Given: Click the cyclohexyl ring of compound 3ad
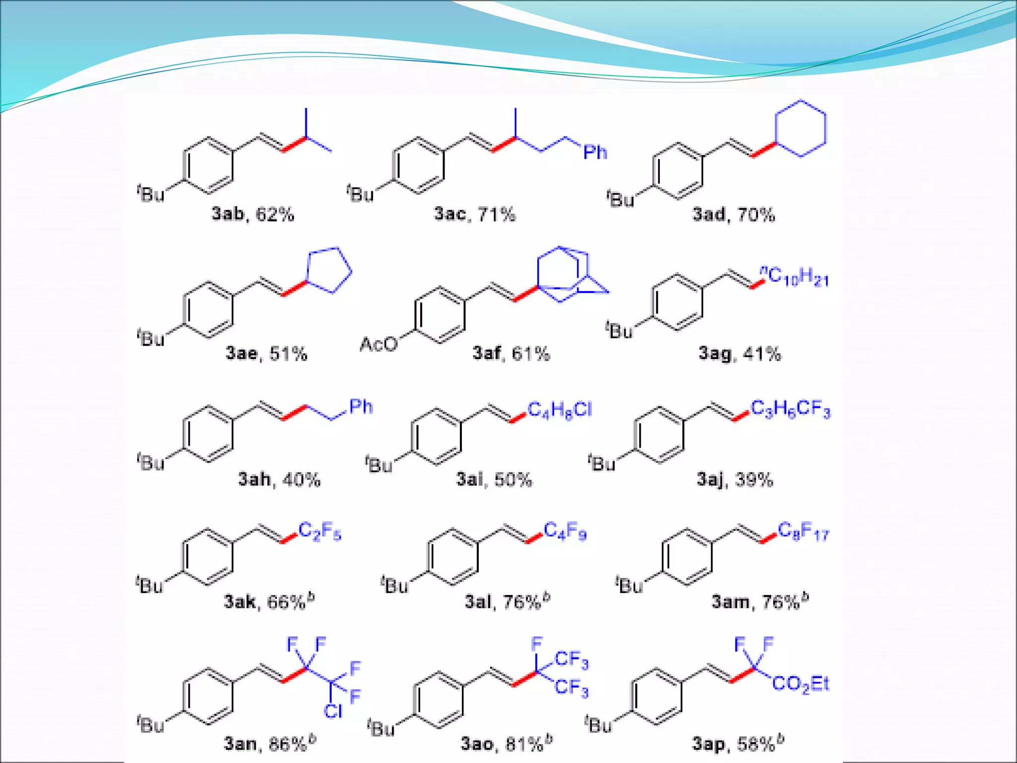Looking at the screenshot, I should [x=800, y=129].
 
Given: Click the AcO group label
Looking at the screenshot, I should [x=379, y=344].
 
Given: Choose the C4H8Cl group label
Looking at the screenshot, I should [x=560, y=410].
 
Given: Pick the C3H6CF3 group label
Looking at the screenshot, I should [x=790, y=409].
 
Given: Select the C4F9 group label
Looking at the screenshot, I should [x=565, y=532].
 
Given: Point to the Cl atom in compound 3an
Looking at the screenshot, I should [x=333, y=711].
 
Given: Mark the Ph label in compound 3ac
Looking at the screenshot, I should [x=595, y=152].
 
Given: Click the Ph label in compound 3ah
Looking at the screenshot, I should [x=361, y=407].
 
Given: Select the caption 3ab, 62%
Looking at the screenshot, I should [x=253, y=214].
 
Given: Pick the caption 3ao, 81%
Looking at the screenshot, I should [x=507, y=743].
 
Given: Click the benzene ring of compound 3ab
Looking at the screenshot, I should [x=208, y=165].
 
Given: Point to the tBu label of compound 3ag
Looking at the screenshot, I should [x=619, y=330].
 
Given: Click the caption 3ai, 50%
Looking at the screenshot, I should [x=494, y=479].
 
